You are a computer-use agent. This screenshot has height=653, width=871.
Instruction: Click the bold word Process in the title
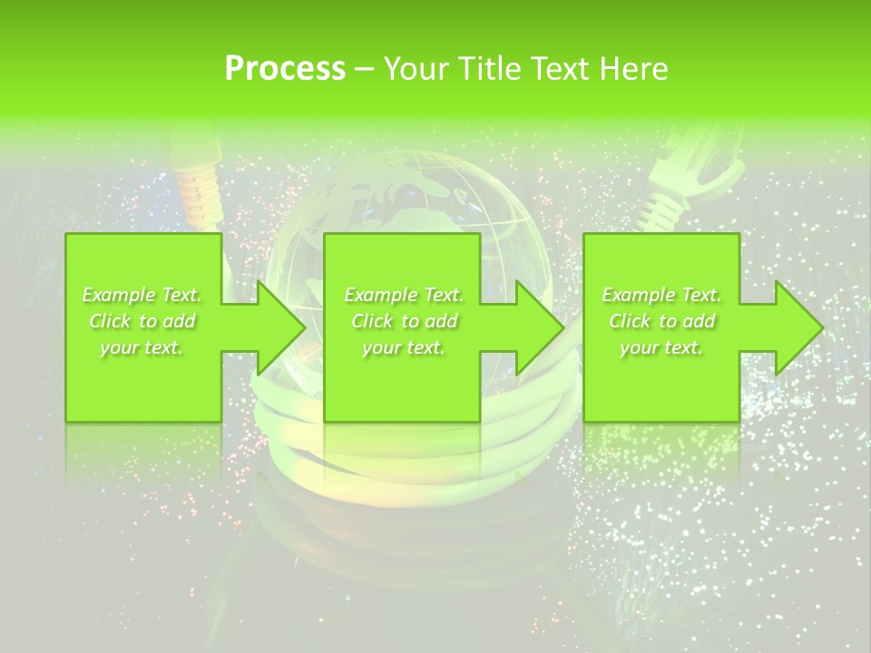285,68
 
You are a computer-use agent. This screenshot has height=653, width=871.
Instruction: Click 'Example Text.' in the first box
142,295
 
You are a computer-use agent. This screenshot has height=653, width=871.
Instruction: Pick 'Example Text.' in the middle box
404,295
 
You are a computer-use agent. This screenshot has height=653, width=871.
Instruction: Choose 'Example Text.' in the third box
661,295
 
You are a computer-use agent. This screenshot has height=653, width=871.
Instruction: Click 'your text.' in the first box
142,347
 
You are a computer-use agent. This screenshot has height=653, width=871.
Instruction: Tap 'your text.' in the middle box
404,347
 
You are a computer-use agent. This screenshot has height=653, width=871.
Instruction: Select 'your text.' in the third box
661,347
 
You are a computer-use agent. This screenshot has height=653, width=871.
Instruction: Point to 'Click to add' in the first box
142,321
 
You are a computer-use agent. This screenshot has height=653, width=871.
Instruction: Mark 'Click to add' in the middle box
404,321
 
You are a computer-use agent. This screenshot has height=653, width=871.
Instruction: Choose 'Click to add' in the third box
661,321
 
